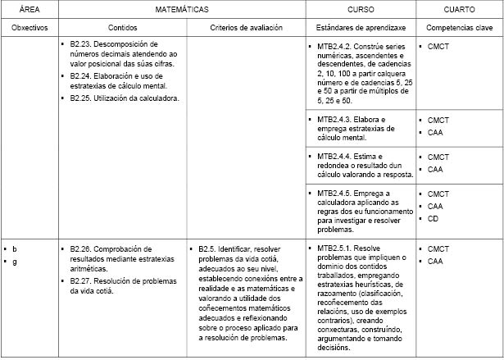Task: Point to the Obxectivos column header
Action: (x=30, y=27)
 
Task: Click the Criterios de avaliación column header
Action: (x=246, y=27)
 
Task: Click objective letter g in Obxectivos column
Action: (x=14, y=261)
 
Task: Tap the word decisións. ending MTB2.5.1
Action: (x=334, y=347)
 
